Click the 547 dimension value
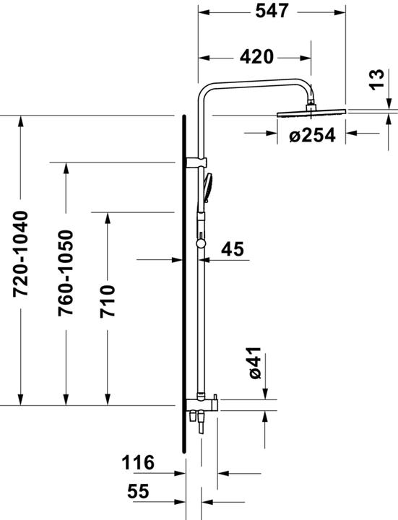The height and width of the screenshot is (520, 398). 272,12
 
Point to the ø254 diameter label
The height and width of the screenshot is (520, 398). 312,134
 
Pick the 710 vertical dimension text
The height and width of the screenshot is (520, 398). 107,303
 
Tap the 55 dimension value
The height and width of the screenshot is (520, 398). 137,491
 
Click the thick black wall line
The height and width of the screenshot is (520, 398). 185,289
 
